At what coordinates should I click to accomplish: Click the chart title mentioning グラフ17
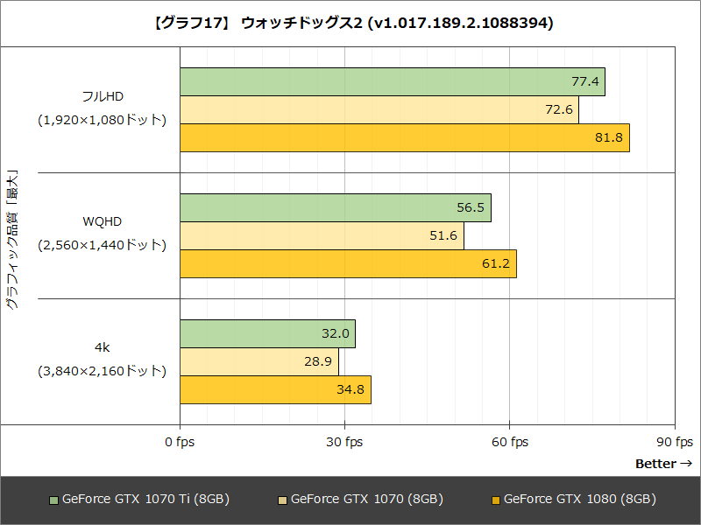pyautogui.click(x=350, y=24)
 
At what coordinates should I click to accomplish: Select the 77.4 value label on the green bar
pyautogui.click(x=584, y=82)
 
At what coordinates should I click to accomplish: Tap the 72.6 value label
pyautogui.click(x=558, y=110)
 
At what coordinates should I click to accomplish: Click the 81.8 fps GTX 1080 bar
pyautogui.click(x=405, y=138)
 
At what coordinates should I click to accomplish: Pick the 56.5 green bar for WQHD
pyautogui.click(x=336, y=208)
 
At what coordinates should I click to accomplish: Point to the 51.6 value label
pyautogui.click(x=443, y=236)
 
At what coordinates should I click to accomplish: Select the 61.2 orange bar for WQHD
pyautogui.click(x=349, y=264)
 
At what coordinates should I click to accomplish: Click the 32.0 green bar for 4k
pyautogui.click(x=267, y=334)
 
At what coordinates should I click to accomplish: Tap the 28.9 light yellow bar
pyautogui.click(x=259, y=362)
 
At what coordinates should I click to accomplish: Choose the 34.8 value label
pyautogui.click(x=350, y=390)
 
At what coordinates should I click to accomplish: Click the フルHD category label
pyautogui.click(x=102, y=96)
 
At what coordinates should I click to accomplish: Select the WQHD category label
pyautogui.click(x=102, y=222)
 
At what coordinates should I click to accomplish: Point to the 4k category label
pyautogui.click(x=102, y=348)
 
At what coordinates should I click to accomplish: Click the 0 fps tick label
pyautogui.click(x=180, y=442)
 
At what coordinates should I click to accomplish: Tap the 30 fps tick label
pyautogui.click(x=344, y=442)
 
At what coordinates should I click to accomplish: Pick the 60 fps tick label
pyautogui.click(x=509, y=442)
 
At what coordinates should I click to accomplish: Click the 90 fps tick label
pyautogui.click(x=674, y=442)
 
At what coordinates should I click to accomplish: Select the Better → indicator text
pyautogui.click(x=662, y=464)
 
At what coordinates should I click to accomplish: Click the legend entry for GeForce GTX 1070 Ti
pyautogui.click(x=139, y=500)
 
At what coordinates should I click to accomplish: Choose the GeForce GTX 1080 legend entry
pyautogui.click(x=573, y=500)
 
